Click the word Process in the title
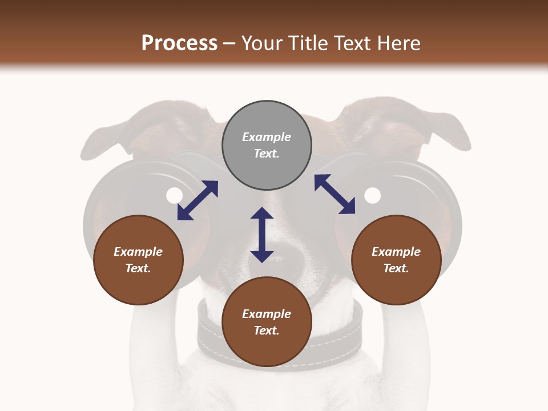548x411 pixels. [179, 43]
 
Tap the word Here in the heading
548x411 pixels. [396, 43]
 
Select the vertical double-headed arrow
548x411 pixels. [262, 235]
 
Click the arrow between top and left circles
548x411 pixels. [198, 200]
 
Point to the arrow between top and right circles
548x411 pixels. [335, 194]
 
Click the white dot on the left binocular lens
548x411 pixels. [174, 196]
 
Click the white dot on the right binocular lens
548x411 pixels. [372, 196]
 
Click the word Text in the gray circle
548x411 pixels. [266, 154]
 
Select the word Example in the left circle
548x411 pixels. [138, 252]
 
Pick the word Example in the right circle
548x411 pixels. [396, 252]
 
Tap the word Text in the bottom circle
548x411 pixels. [266, 331]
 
